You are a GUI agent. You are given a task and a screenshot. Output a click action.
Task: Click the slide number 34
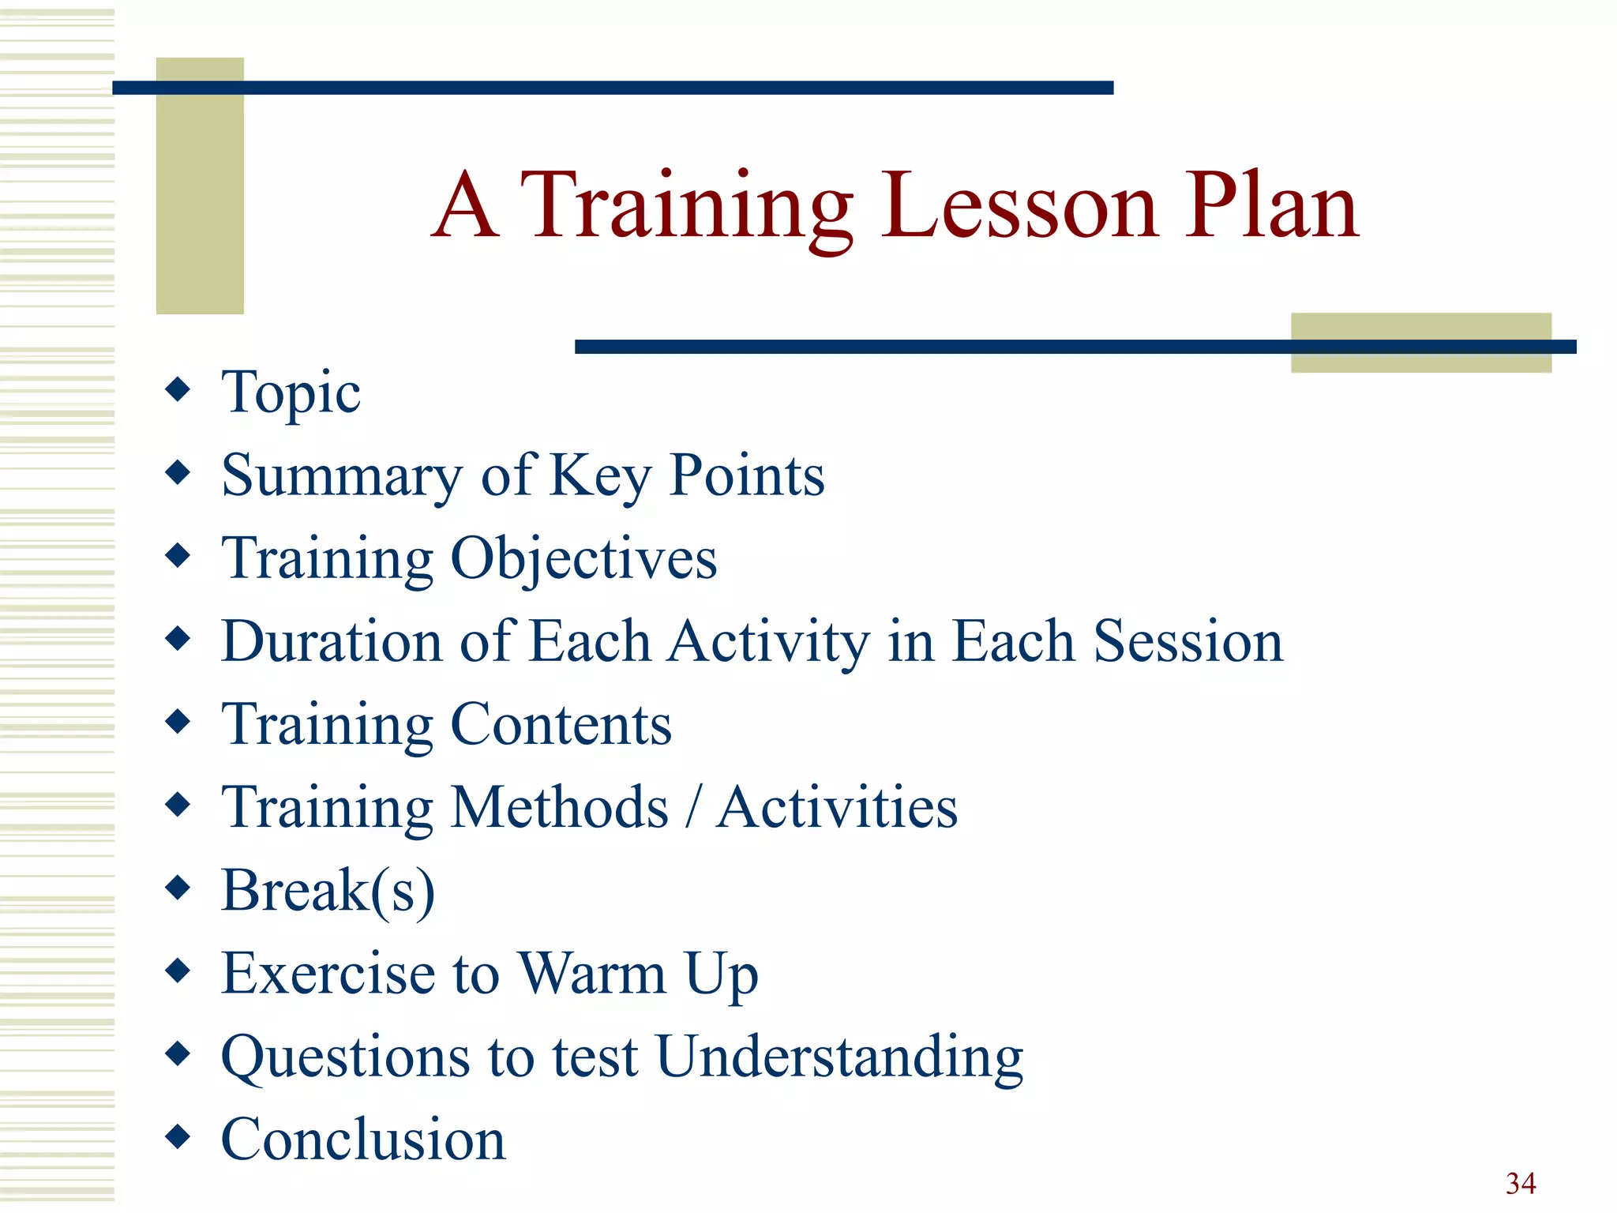(x=1520, y=1183)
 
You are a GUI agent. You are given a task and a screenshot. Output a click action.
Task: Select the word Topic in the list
(x=291, y=392)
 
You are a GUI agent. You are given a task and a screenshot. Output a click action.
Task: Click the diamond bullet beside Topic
(x=178, y=389)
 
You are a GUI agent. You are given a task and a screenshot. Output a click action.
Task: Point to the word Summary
(x=341, y=476)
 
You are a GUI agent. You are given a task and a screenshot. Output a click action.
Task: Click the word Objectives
(x=583, y=559)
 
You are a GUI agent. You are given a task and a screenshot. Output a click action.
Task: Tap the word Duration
(x=331, y=641)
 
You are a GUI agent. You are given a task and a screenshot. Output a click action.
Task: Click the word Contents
(x=561, y=724)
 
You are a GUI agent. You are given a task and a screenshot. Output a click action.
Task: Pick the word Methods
(x=560, y=807)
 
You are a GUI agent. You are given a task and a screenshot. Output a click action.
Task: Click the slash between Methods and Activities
(x=692, y=807)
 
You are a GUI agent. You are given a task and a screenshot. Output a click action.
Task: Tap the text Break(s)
(x=328, y=891)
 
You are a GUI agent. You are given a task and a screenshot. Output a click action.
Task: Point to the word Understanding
(x=839, y=1057)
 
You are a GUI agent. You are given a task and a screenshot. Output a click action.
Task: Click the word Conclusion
(x=363, y=1140)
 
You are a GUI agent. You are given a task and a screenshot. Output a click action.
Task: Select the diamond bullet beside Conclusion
(x=178, y=1136)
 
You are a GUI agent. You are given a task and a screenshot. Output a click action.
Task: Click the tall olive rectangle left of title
(x=200, y=197)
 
